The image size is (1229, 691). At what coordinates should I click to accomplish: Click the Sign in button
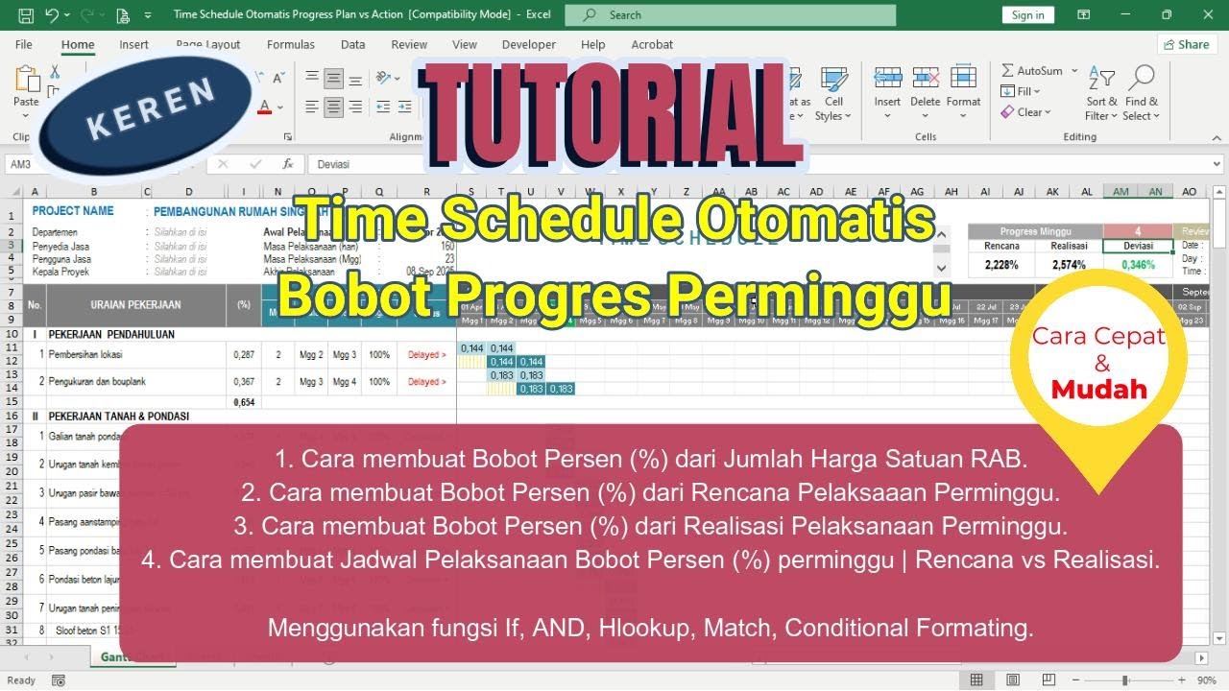coord(1027,14)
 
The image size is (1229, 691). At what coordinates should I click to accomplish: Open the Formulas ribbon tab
coord(290,44)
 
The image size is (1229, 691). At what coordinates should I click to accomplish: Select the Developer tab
coord(528,44)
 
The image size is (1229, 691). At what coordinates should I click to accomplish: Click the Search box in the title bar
coord(730,14)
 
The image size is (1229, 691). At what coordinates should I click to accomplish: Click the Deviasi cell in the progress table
coord(1137,247)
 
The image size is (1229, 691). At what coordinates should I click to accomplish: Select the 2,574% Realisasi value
coord(1069,265)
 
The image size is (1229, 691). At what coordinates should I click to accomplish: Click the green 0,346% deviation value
coord(1137,265)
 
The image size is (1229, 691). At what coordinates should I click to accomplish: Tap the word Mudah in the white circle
coord(1098,390)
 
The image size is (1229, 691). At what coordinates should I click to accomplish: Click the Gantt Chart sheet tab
coord(133,657)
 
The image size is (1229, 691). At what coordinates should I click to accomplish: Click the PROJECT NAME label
coord(73,211)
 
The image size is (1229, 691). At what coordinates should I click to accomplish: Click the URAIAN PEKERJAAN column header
coord(135,305)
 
